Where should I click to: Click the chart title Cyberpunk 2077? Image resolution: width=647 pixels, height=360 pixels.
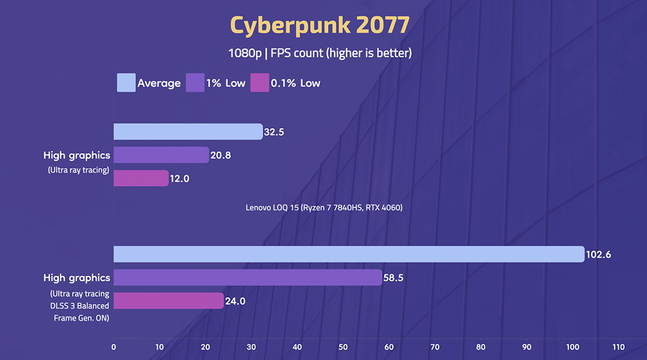click(320, 25)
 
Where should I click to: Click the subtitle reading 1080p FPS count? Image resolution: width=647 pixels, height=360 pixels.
click(320, 53)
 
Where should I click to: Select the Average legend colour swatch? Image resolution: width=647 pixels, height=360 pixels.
click(126, 83)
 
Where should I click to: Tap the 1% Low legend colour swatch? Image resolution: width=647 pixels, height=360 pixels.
click(195, 83)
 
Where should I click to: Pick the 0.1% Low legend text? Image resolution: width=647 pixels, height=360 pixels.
click(296, 83)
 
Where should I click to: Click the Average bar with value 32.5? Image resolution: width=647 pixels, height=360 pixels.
click(188, 131)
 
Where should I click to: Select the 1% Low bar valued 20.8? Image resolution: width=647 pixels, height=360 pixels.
click(161, 155)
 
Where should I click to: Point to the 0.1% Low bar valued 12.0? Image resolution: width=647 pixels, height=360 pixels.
click(141, 178)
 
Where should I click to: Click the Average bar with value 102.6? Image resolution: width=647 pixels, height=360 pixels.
click(348, 254)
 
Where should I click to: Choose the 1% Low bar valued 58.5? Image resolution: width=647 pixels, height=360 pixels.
click(247, 277)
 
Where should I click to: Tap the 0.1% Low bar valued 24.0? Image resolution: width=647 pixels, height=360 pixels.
click(168, 301)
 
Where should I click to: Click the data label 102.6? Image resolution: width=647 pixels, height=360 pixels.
click(598, 254)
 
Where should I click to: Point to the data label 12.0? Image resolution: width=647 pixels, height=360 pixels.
click(180, 179)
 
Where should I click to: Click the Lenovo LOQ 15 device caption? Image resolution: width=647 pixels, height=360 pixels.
click(324, 208)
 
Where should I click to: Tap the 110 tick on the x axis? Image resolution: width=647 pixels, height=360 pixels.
click(618, 347)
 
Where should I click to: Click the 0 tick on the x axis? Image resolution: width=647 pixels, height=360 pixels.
click(114, 347)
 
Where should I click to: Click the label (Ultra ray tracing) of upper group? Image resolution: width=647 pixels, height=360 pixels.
click(79, 170)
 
